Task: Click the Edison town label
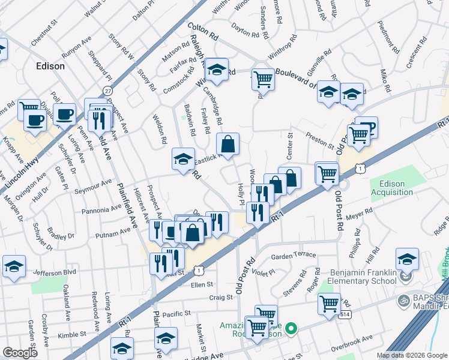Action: point(50,66)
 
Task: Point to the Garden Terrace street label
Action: point(293,255)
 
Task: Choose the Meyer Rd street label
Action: point(360,212)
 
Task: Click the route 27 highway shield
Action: point(107,90)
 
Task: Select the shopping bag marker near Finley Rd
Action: point(228,144)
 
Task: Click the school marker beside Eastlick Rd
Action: point(183,159)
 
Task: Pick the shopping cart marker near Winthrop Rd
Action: point(263,78)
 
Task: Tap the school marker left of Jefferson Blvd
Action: point(14,266)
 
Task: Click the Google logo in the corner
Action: point(20,353)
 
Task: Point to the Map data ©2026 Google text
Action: point(412,355)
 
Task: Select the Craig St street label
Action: point(221,297)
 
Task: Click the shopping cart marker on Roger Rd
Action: point(329,304)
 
